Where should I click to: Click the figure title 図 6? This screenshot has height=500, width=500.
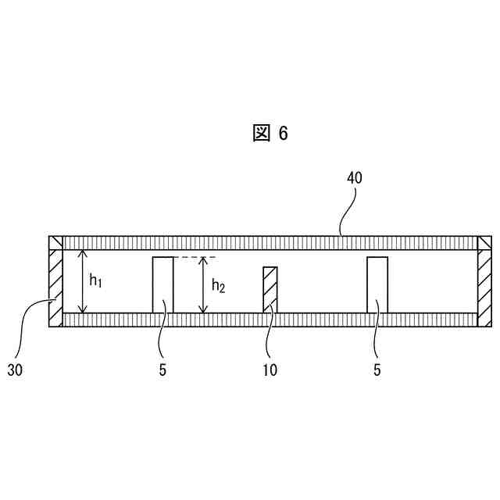coord(270,134)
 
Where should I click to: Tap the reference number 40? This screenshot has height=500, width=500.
coord(354,177)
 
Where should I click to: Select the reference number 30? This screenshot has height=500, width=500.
coord(16,370)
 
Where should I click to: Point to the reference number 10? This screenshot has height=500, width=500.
coord(270,370)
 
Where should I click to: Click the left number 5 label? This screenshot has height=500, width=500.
coord(162,370)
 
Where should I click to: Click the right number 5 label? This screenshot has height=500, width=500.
coord(377,370)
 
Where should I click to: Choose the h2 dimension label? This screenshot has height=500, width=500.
coord(218,287)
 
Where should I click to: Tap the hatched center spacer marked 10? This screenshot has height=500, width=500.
coord(270,289)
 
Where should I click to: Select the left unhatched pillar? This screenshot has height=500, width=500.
coord(163,284)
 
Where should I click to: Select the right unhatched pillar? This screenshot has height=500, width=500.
coord(377,284)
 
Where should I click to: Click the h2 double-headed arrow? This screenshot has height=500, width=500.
coord(203,285)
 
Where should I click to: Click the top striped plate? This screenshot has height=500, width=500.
coord(270,242)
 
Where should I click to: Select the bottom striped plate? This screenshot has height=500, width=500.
coord(270,320)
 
